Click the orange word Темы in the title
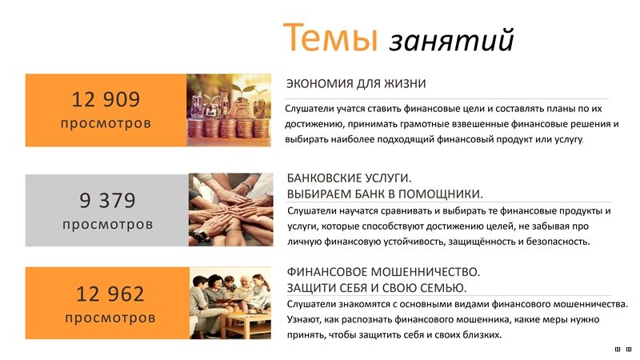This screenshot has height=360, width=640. tap(330, 37)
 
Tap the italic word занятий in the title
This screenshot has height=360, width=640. tap(452, 40)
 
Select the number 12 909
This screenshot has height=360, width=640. tap(106, 99)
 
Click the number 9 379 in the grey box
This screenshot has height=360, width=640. tap(107, 200)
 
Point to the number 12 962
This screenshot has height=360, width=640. tap(110, 294)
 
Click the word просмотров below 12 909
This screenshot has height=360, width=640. tap(106, 123)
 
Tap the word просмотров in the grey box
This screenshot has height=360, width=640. tap(108, 224)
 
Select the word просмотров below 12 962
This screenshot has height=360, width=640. tap(110, 318)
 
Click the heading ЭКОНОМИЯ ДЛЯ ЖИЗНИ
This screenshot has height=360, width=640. tap(356, 84)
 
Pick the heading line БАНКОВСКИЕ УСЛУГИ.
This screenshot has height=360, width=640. tap(349, 178)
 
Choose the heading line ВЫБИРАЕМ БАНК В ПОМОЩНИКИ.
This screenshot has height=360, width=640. tap(385, 194)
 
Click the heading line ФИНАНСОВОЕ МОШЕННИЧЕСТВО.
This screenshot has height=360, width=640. tap(383, 272)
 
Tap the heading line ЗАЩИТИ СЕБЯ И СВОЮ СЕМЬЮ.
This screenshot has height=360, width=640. tap(377, 288)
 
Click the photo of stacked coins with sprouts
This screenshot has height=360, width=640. tap(229, 110)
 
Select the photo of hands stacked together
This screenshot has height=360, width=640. tap(230, 210)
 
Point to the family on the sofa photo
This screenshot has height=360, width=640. tap(230, 303)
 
